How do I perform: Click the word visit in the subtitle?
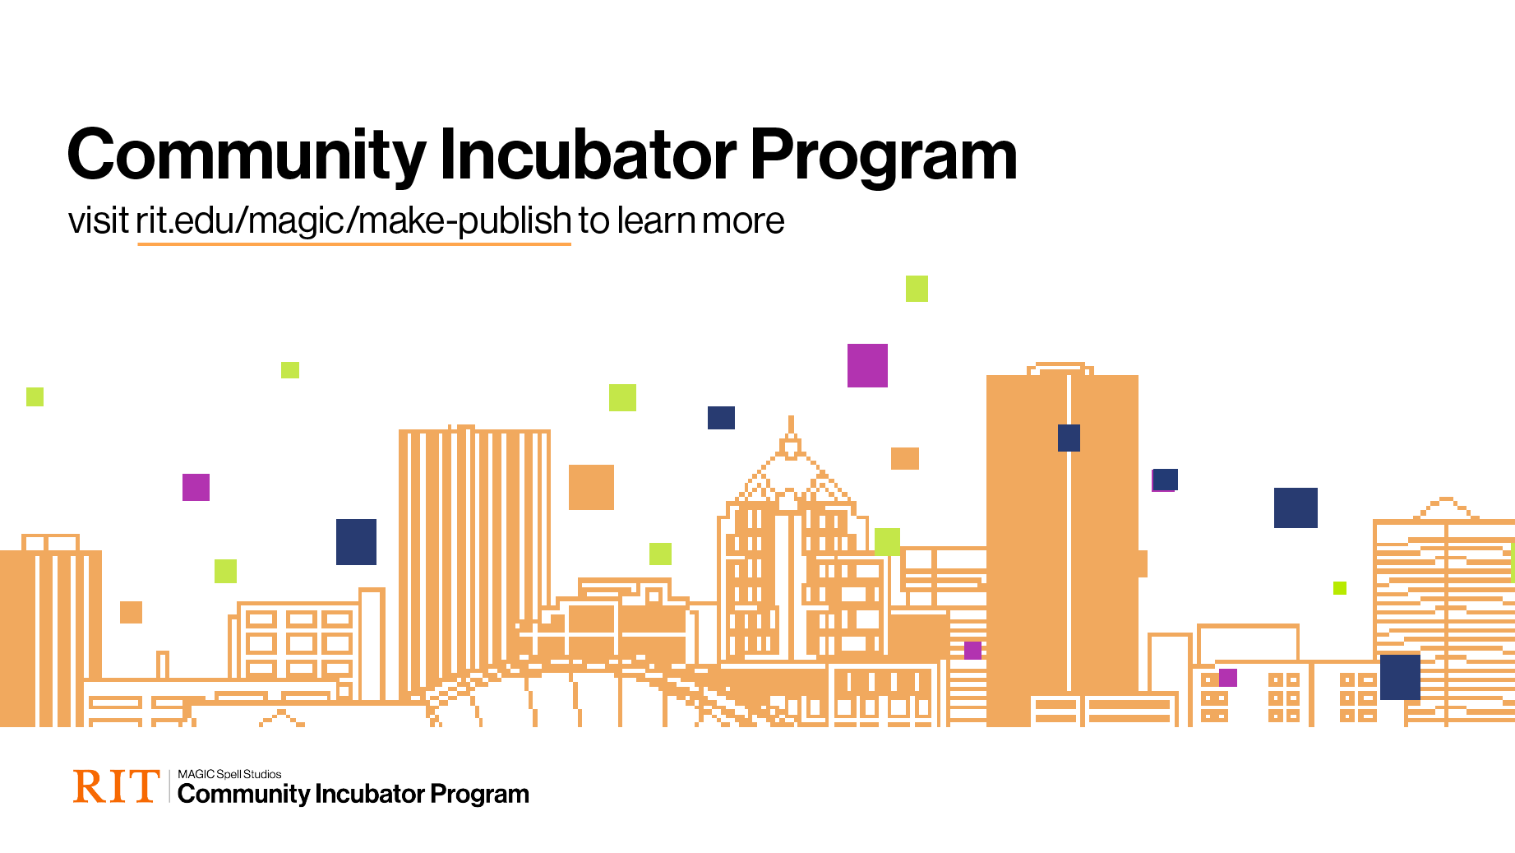click(98, 220)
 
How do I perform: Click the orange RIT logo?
click(116, 786)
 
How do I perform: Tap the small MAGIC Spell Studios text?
click(229, 775)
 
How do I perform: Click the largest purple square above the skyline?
click(867, 365)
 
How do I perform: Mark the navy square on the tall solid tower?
click(1069, 438)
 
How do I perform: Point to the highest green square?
click(917, 289)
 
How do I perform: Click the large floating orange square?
click(591, 487)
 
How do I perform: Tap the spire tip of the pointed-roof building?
click(791, 417)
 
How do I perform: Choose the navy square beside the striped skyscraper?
click(356, 542)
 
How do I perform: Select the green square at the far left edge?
click(35, 396)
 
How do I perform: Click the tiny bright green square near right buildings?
click(1340, 588)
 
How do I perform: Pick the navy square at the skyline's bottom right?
click(1400, 677)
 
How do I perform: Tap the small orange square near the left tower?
click(131, 612)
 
